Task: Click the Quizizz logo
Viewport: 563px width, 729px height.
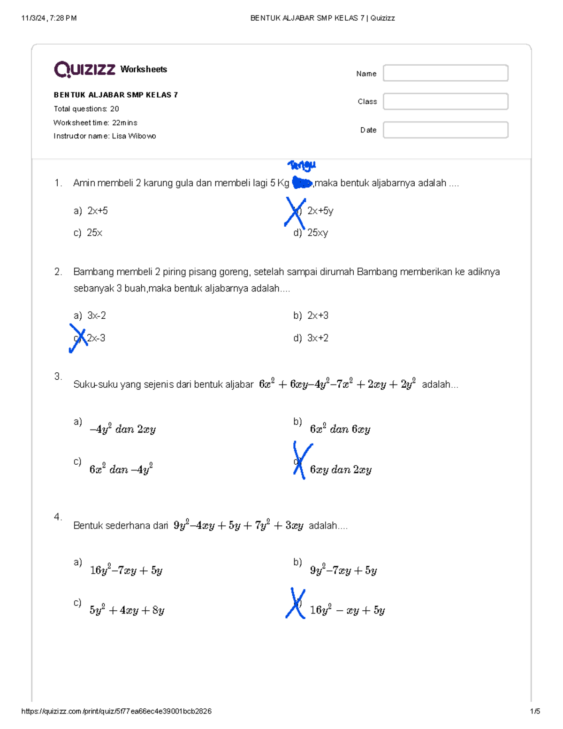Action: tap(84, 69)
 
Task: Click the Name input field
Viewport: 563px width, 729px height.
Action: tap(445, 73)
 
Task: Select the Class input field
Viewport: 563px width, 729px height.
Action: tap(445, 101)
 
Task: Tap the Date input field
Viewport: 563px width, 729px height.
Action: tap(445, 130)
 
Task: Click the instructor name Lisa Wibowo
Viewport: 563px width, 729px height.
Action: tap(134, 136)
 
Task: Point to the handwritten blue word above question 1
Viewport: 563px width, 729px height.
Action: tap(302, 165)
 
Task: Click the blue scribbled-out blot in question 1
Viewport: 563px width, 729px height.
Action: tap(302, 183)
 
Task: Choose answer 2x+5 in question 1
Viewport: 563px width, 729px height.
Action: tap(97, 211)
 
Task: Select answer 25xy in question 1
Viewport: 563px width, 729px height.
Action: tap(317, 233)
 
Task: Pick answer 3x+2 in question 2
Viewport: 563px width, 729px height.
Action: tap(318, 338)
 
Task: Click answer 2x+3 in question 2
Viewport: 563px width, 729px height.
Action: tap(318, 315)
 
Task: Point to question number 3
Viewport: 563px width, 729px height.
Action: tap(58, 376)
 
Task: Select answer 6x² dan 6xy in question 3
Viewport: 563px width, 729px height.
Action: tap(340, 429)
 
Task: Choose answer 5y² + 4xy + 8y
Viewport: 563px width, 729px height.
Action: tap(127, 610)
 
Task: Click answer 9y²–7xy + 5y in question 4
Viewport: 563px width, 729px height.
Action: tap(343, 570)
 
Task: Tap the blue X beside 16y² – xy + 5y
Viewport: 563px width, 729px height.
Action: tap(296, 603)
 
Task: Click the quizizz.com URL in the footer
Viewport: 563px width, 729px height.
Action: tap(116, 711)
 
